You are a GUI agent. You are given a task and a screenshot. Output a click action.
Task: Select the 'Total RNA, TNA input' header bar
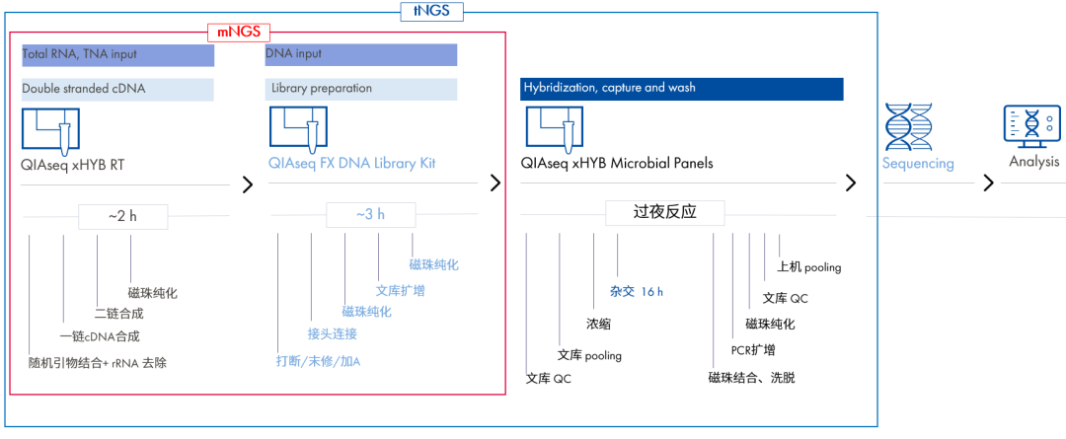(x=117, y=54)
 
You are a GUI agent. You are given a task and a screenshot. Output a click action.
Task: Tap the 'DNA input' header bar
(x=360, y=54)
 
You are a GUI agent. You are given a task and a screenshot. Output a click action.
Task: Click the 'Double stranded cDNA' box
(x=117, y=89)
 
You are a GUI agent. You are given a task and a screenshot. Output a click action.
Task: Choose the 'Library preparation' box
(x=360, y=89)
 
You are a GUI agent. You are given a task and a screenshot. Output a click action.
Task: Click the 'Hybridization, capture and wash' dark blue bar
(x=681, y=89)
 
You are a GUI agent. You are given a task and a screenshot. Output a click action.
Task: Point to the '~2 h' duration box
(x=123, y=214)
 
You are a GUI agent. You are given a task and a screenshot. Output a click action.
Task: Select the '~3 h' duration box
(x=369, y=214)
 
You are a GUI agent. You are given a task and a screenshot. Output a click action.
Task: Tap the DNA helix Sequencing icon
(x=909, y=126)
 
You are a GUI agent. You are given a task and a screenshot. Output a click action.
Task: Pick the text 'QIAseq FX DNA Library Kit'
(x=351, y=163)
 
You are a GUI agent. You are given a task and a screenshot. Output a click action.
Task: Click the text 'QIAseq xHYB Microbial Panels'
(x=617, y=163)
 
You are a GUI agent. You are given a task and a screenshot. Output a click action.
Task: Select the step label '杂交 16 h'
(x=636, y=292)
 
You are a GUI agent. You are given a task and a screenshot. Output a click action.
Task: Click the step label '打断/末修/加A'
(x=318, y=361)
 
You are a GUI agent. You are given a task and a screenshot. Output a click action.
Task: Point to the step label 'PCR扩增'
(x=752, y=350)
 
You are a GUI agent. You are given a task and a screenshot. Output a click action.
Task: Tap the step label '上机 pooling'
(x=808, y=267)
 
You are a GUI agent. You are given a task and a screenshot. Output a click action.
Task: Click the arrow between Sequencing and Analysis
(x=987, y=183)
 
